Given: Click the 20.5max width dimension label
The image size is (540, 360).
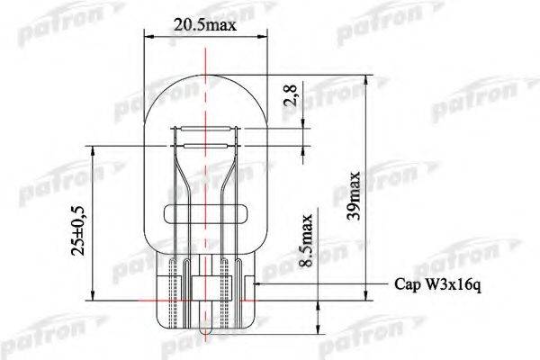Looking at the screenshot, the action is (x=205, y=25).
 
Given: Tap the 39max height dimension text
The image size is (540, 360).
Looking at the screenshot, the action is (x=354, y=195).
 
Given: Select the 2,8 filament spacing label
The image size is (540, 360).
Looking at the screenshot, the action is (x=290, y=95).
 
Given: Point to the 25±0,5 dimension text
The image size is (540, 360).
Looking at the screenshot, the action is (x=77, y=230).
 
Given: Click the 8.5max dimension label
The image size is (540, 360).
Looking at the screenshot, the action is (x=306, y=240).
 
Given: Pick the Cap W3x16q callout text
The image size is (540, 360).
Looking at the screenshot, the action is (x=437, y=285).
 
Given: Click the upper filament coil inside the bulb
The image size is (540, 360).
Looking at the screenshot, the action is (x=205, y=130).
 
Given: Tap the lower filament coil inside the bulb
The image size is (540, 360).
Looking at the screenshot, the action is (x=205, y=146).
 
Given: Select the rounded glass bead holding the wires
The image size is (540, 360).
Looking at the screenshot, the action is (x=205, y=214).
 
